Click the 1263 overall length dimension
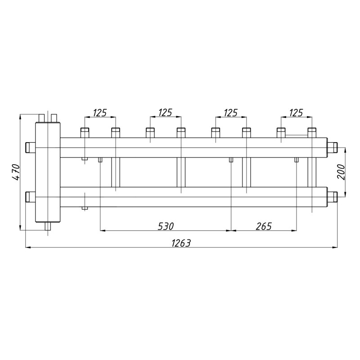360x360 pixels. coord(181,243)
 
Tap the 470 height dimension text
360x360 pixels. coord(16,172)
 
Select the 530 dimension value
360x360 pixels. coord(166,226)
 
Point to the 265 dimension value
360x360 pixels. coord(264,226)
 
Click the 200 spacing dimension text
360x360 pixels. coord(341,172)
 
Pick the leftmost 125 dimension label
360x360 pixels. coord(100,113)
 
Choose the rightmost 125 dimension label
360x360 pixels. coord(296,113)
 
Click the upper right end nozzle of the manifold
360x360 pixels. coord(332,148)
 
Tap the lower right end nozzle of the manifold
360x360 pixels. coord(332,197)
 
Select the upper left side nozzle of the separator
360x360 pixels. coord(30,148)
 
